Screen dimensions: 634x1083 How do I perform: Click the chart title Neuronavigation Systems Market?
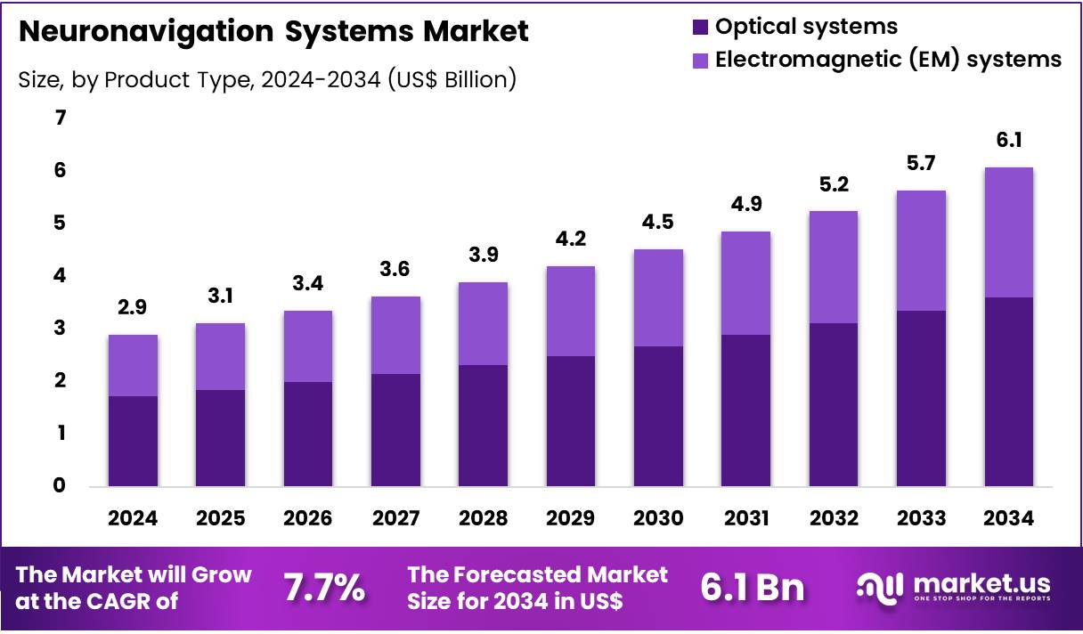(x=273, y=32)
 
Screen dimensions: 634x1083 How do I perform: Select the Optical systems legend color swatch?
(x=701, y=28)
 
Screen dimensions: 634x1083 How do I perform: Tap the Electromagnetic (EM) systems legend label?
(x=888, y=60)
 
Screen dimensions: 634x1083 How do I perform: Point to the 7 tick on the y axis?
(x=61, y=118)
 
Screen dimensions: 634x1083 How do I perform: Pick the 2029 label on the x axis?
(x=570, y=518)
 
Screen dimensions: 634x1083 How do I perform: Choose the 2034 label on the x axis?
(x=1008, y=518)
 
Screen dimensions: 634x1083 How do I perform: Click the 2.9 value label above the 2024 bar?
(x=133, y=308)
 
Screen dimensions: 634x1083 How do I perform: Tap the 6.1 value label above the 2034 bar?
(x=1008, y=140)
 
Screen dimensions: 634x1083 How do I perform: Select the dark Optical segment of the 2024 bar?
(x=133, y=442)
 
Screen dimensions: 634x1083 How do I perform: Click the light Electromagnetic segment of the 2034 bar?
(x=1008, y=232)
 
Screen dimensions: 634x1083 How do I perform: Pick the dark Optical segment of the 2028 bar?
(x=483, y=426)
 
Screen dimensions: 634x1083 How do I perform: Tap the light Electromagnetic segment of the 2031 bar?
(x=745, y=283)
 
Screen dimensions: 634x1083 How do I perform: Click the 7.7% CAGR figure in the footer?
(x=324, y=588)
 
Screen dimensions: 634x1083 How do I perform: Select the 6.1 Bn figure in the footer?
(x=753, y=588)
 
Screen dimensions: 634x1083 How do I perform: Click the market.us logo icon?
(x=878, y=587)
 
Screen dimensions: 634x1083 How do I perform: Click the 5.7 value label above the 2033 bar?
(x=921, y=163)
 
